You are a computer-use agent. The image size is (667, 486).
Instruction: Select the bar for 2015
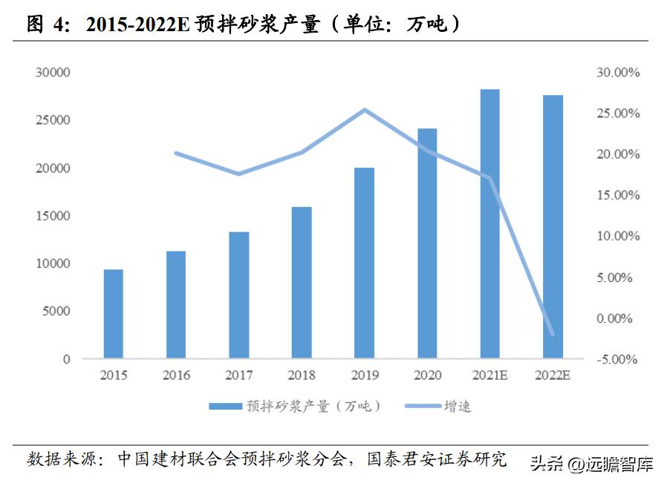click(113, 314)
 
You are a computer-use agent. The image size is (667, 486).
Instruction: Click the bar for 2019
click(364, 263)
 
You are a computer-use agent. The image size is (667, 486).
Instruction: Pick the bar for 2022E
click(552, 227)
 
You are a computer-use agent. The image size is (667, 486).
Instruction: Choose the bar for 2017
click(238, 295)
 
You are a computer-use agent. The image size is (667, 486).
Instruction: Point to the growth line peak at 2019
click(365, 111)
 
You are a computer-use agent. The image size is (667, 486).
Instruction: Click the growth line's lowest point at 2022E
click(552, 334)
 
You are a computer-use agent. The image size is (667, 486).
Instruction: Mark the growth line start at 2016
click(176, 154)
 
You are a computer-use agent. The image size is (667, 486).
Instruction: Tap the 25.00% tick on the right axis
click(614, 114)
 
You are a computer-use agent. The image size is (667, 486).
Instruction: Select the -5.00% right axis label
click(614, 359)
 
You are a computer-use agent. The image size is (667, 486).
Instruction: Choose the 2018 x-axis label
click(302, 375)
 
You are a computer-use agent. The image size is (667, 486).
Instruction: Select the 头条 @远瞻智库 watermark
click(591, 464)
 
